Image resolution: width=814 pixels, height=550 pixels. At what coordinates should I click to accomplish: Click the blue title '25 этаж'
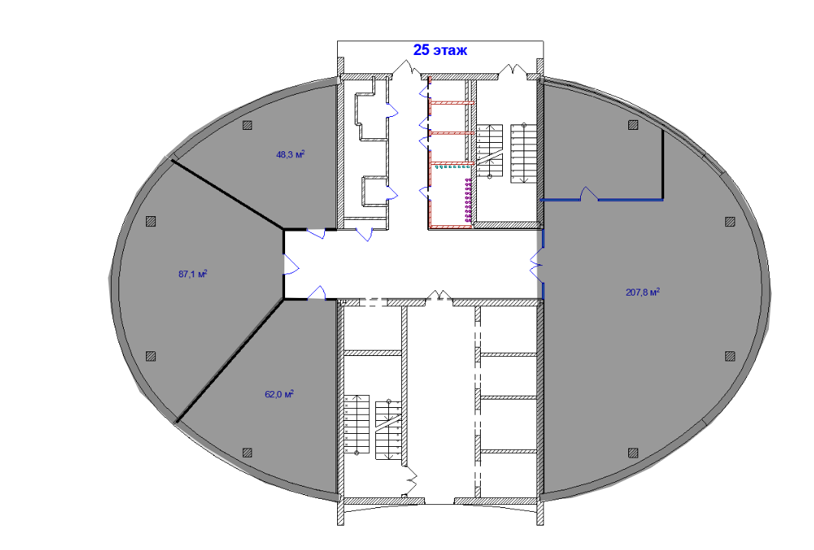pos(439,50)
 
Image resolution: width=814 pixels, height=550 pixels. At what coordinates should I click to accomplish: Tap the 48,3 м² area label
pos(290,154)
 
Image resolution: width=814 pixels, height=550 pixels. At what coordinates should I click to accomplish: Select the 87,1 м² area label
pos(193,273)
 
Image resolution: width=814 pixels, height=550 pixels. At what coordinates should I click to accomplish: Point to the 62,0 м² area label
pos(279,394)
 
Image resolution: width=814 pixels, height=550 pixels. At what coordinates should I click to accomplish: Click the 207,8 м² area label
pos(643,292)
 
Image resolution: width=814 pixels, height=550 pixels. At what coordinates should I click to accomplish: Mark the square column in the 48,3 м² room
pos(248,125)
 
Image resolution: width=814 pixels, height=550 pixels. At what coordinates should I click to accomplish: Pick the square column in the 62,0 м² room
pos(248,452)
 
